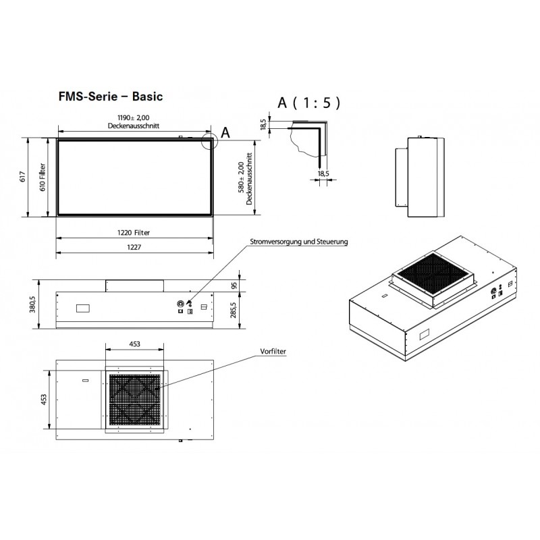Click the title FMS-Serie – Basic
point(111,97)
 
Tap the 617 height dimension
point(23,177)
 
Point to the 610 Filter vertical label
point(42,177)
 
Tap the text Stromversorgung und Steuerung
point(298,241)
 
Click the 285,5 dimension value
point(234,309)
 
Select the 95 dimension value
point(234,286)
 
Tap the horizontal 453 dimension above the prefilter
point(134,344)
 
